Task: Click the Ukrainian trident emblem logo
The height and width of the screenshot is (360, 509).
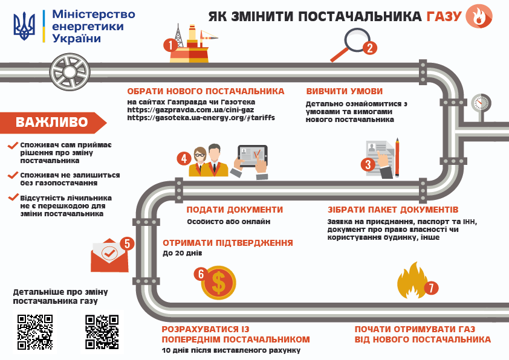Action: [x=24, y=27]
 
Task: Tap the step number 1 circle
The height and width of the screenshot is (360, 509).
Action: [x=171, y=44]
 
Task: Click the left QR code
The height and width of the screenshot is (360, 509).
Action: [x=35, y=332]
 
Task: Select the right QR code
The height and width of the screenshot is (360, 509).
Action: [x=102, y=332]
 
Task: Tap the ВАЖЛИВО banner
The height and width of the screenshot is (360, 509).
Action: [x=52, y=123]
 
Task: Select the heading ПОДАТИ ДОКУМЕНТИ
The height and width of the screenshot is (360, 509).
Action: [x=235, y=210]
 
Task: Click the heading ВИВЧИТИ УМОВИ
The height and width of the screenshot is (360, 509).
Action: [x=344, y=91]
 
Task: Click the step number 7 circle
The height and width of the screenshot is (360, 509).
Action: [x=430, y=288]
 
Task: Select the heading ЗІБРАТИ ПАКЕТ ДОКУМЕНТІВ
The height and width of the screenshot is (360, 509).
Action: [x=393, y=210]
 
